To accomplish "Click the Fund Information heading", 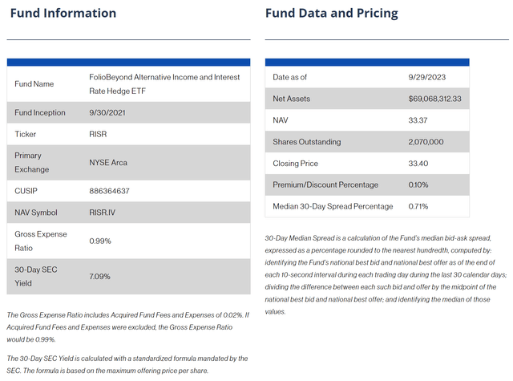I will click(x=63, y=14).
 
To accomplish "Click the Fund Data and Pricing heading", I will click(x=332, y=14).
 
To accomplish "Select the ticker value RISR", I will click(x=98, y=134).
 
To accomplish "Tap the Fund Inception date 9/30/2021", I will click(x=107, y=112).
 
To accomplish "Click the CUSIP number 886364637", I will click(x=109, y=190).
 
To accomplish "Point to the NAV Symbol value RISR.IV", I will click(x=103, y=212).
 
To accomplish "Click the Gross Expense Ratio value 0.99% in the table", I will click(x=100, y=240).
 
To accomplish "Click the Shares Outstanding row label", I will click(x=307, y=141).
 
